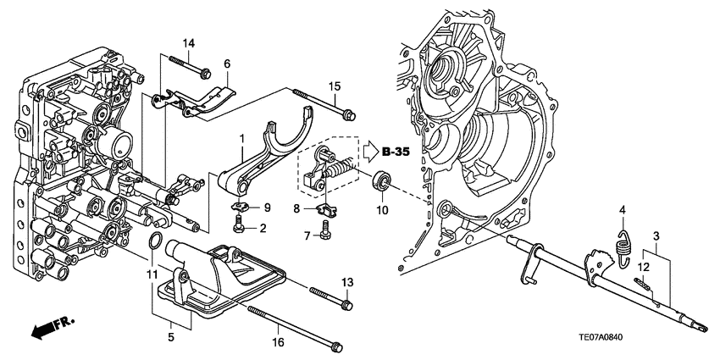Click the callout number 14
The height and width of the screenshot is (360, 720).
click(x=188, y=43)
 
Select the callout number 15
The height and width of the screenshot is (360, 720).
click(x=335, y=86)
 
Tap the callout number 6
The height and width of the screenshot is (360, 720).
click(x=227, y=64)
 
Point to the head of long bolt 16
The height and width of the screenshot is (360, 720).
click(x=337, y=346)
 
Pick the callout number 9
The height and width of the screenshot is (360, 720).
click(x=265, y=208)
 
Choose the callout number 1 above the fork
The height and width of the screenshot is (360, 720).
click(x=241, y=138)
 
